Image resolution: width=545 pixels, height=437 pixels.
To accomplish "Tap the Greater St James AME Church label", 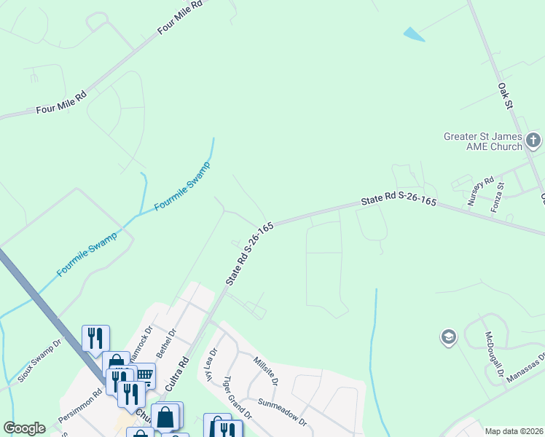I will click(x=483, y=141).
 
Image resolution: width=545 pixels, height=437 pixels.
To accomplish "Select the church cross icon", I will click(x=533, y=140).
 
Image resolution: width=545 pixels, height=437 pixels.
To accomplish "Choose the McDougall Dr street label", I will click(x=495, y=349).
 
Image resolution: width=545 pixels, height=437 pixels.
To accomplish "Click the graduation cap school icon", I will click(x=448, y=337).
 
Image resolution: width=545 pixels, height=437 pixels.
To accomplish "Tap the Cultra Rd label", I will click(x=178, y=374).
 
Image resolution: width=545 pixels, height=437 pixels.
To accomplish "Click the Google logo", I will click(x=24, y=428).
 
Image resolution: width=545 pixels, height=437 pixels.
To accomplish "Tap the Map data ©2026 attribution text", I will click(x=513, y=431).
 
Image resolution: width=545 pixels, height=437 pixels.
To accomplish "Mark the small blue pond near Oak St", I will click(x=413, y=34).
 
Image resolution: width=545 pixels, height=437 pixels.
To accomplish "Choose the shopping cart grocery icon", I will click(x=144, y=376).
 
